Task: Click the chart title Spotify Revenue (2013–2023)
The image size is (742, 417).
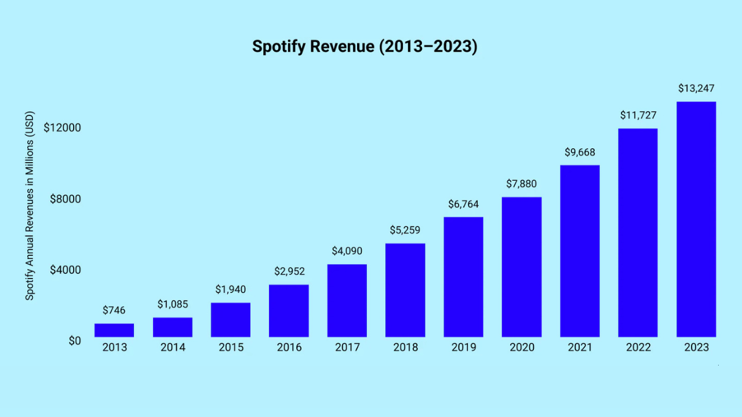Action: [365, 47]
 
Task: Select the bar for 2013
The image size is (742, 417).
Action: [114, 330]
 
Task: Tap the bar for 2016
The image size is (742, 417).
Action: [289, 311]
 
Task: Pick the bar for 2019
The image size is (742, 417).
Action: [463, 277]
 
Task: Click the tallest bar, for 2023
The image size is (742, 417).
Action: [696, 220]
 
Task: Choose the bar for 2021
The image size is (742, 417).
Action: [580, 251]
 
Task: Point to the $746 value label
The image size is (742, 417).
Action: [114, 310]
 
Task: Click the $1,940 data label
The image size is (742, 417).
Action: [231, 289]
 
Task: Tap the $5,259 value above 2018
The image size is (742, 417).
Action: [405, 230]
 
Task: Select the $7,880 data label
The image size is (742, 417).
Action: [521, 184]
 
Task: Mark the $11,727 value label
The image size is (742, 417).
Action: [638, 115]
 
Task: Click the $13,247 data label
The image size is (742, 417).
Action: [696, 89]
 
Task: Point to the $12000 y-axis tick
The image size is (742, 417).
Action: [62, 127]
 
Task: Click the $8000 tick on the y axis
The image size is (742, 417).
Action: [65, 199]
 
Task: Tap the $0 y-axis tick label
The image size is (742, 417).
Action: [75, 341]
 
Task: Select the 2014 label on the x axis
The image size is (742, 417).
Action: [173, 348]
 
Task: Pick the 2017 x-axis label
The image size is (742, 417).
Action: [347, 348]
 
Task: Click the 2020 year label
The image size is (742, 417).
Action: [521, 348]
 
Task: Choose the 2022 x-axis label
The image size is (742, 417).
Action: [638, 348]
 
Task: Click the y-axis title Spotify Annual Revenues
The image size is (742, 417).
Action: [30, 206]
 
